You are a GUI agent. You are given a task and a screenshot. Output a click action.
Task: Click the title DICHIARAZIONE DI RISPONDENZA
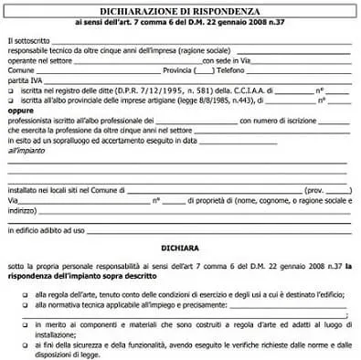(x=179, y=8)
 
